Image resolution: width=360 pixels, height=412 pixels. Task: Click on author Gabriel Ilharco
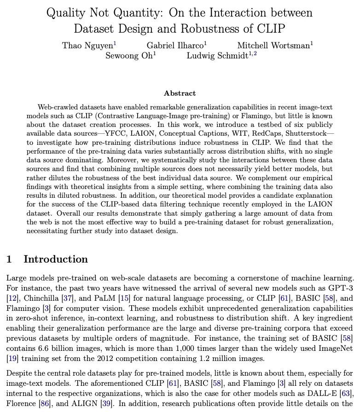(x=175, y=45)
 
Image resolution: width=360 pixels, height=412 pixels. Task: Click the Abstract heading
(x=180, y=93)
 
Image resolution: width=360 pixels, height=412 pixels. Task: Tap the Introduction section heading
(x=55, y=259)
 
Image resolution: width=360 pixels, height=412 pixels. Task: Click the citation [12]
(x=12, y=298)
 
